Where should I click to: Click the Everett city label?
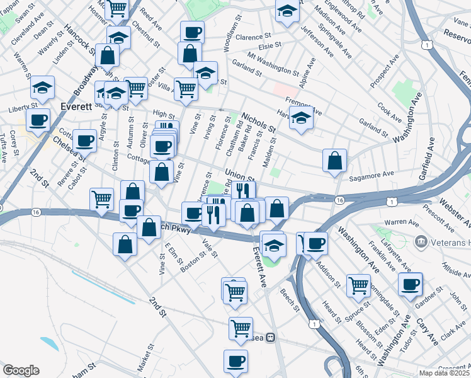coord(76,106)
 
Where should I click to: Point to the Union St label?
coord(239,173)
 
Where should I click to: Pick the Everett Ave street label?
coord(259,266)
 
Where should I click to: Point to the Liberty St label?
coord(20,109)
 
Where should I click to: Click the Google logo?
coord(21,370)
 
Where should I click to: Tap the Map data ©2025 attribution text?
coord(444,373)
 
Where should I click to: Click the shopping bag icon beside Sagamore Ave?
coord(334,161)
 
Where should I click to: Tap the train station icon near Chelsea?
coord(270,337)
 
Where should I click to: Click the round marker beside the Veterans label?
coord(421,242)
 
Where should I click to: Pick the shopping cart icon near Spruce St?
coord(358,285)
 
